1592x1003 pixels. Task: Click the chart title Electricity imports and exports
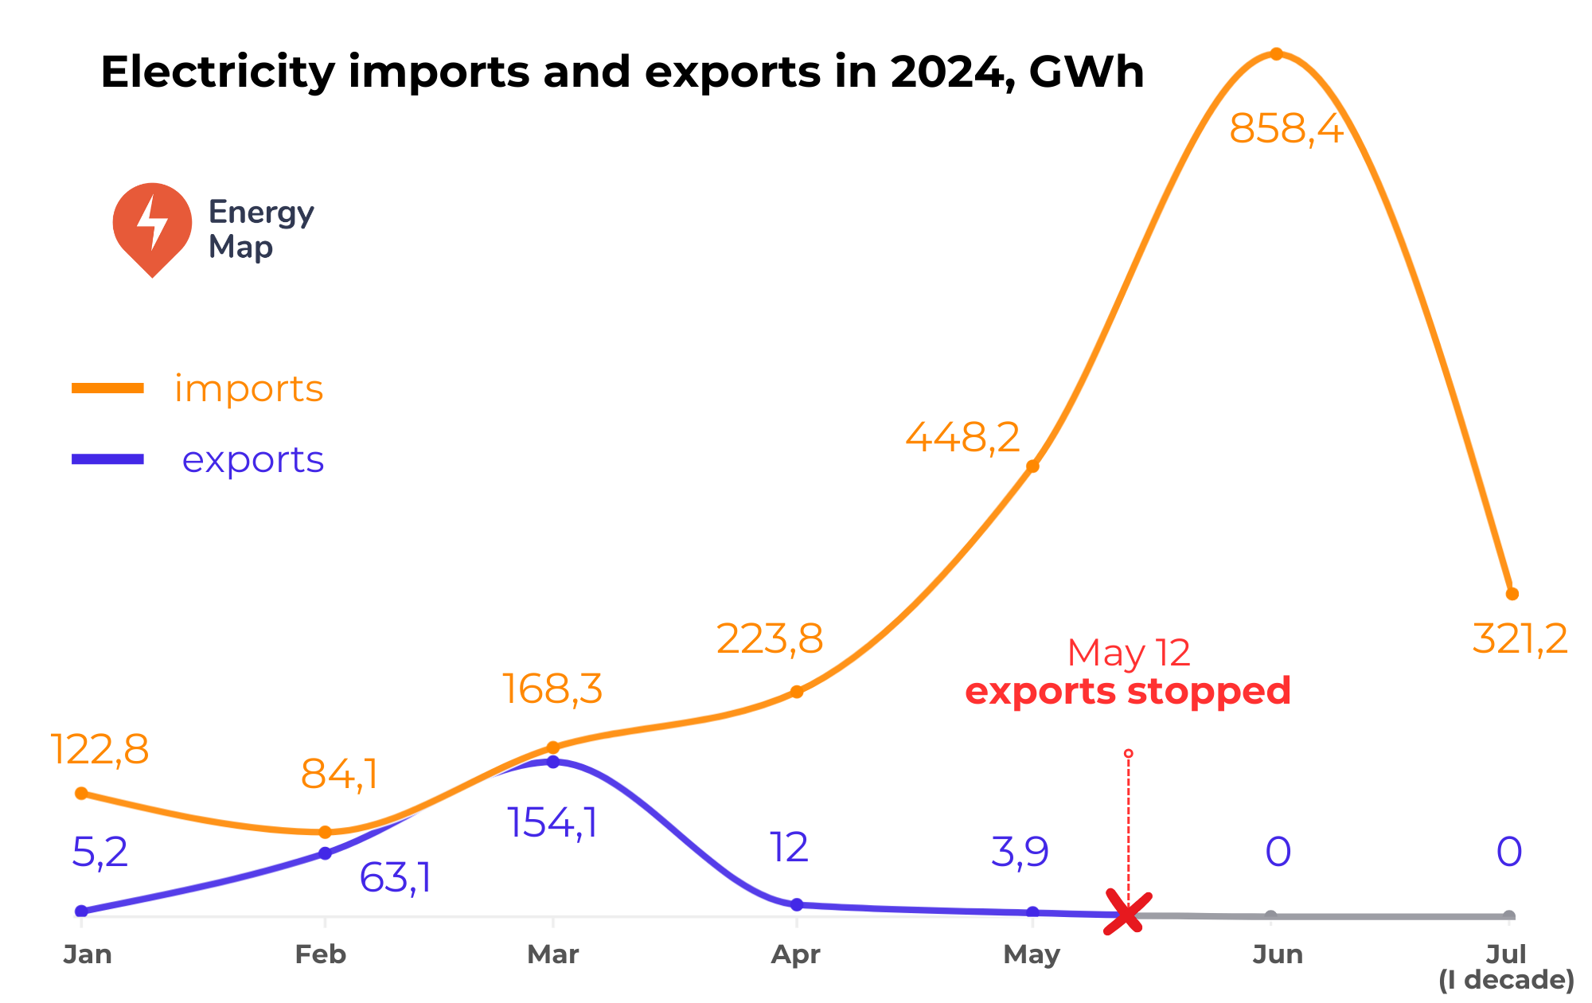pyautogui.click(x=622, y=72)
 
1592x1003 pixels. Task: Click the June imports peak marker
pyautogui.click(x=1276, y=54)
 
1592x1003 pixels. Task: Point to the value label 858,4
pyautogui.click(x=1286, y=129)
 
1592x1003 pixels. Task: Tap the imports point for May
pyautogui.click(x=1032, y=466)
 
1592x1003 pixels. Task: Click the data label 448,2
pyautogui.click(x=962, y=437)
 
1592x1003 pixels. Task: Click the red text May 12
pyautogui.click(x=1128, y=654)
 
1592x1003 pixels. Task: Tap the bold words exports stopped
pyautogui.click(x=1127, y=691)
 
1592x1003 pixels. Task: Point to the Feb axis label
pyautogui.click(x=321, y=954)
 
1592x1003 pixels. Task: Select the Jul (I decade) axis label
pyautogui.click(x=1506, y=966)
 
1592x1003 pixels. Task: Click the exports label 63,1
pyautogui.click(x=395, y=878)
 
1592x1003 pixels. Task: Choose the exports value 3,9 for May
pyautogui.click(x=1020, y=852)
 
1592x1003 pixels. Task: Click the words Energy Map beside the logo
pyautogui.click(x=260, y=229)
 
